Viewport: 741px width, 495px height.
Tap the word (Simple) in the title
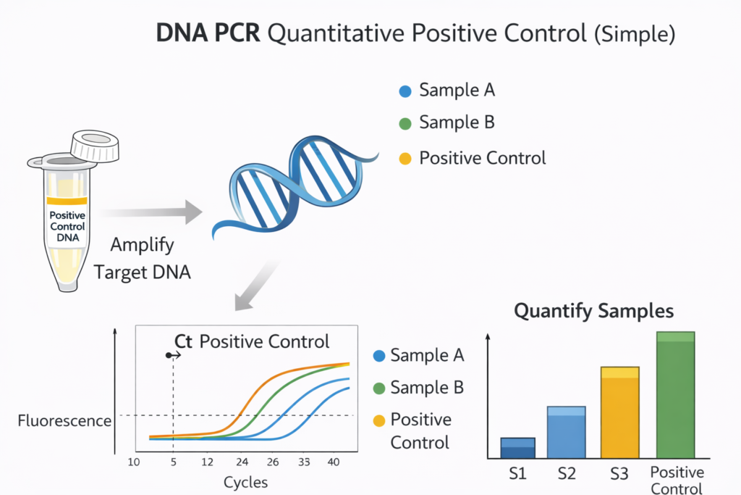[x=635, y=34]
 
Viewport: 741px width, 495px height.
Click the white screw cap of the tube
[x=95, y=145]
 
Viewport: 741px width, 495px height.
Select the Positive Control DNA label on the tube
[x=67, y=226]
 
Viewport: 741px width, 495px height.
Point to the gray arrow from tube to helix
[x=151, y=212]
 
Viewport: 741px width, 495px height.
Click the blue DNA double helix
[x=295, y=186]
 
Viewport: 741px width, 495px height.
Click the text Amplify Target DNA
[x=143, y=259]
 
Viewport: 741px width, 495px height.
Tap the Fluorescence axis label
[x=64, y=420]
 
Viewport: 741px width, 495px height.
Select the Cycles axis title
[x=245, y=482]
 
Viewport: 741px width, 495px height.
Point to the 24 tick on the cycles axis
[x=242, y=462]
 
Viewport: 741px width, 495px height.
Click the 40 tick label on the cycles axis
[x=334, y=462]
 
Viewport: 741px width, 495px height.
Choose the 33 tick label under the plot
[x=304, y=462]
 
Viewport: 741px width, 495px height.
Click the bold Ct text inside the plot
[x=183, y=341]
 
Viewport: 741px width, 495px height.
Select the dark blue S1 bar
[x=518, y=448]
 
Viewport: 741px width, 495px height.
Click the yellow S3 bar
[x=620, y=412]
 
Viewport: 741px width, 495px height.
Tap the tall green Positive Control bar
[x=676, y=395]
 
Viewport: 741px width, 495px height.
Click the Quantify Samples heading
[x=593, y=312]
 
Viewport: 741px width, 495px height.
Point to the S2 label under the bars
[x=567, y=473]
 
